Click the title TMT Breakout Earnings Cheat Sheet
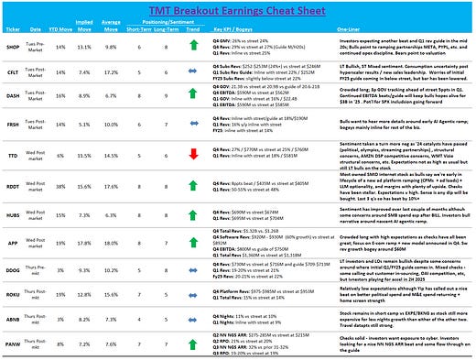237,8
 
